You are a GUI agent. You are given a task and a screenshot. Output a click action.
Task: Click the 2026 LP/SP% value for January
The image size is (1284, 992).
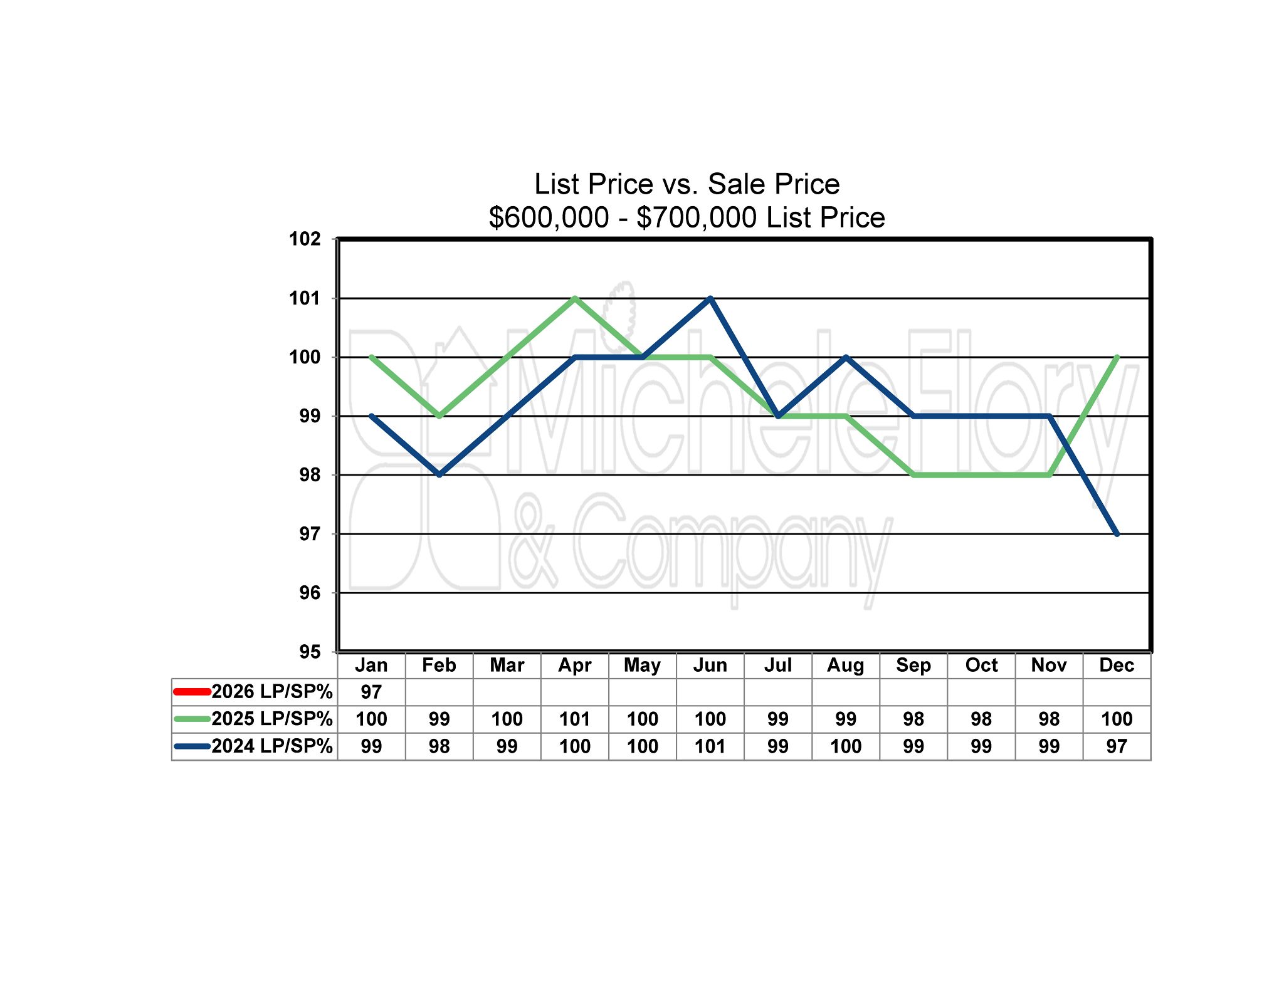tap(371, 692)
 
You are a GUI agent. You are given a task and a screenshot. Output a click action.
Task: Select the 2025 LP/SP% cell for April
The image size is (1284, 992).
tap(574, 719)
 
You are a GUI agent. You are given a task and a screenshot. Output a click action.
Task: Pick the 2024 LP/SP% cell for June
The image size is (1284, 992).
tap(710, 746)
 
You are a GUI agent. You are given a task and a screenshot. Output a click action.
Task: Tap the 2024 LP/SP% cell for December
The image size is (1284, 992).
tap(1117, 746)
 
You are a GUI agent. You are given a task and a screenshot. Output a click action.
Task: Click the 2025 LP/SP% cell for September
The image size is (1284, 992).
tap(913, 719)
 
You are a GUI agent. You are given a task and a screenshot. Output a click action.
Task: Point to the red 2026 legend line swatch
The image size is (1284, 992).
tap(192, 692)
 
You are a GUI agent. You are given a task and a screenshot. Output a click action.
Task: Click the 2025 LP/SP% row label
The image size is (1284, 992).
tap(271, 719)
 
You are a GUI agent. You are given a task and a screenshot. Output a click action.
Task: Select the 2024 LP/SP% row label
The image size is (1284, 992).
tap(271, 746)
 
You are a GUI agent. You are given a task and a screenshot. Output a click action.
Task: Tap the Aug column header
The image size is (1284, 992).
tap(845, 665)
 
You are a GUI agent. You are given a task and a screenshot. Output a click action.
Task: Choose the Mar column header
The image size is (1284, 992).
tap(507, 665)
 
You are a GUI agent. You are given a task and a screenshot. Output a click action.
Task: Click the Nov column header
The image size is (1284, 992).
tap(1049, 665)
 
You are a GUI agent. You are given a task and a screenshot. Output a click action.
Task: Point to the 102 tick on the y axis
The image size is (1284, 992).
tap(305, 239)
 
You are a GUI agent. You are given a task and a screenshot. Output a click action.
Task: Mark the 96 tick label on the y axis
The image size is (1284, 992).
tap(309, 593)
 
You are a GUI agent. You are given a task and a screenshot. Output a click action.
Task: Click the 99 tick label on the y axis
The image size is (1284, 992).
tap(309, 416)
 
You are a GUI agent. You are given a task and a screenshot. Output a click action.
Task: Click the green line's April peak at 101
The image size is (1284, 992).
tap(575, 298)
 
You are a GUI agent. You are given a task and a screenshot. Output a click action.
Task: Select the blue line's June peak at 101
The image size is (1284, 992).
tap(710, 298)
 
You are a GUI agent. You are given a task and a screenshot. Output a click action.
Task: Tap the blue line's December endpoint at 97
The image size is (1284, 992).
tap(1117, 534)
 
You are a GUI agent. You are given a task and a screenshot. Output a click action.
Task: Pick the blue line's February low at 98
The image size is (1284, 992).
tap(439, 474)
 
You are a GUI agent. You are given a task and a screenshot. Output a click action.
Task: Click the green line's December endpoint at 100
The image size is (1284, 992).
tap(1117, 357)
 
